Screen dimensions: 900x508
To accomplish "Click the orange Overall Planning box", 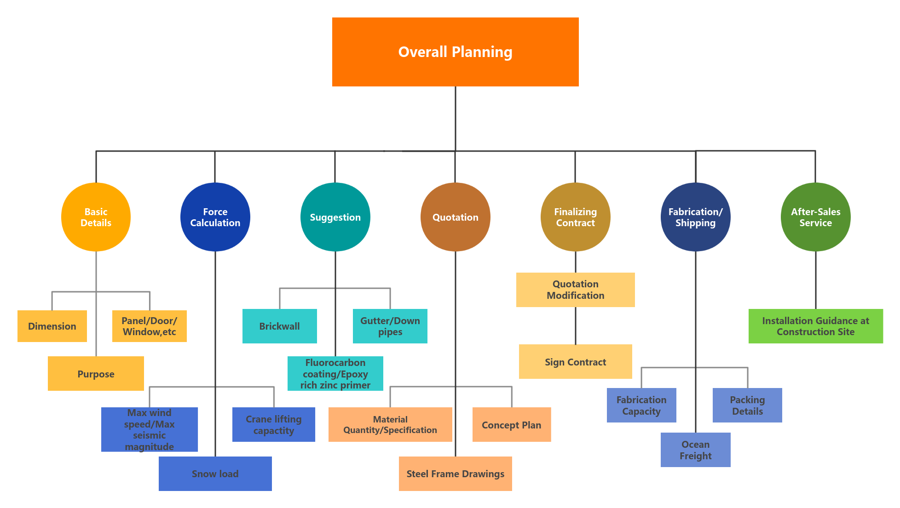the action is [455, 52].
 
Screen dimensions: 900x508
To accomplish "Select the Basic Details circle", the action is [96, 217].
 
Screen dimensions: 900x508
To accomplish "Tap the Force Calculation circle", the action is [215, 217].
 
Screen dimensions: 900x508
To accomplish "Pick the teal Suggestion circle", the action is [335, 217].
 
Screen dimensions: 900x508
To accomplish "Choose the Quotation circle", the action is [456, 217].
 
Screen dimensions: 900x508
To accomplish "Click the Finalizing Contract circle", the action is [576, 217].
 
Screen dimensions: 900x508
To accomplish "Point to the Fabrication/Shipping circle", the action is [696, 217].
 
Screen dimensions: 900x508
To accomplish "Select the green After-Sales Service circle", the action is [816, 217].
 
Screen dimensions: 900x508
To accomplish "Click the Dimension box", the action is [52, 326].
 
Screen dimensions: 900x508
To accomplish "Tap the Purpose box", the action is [96, 373].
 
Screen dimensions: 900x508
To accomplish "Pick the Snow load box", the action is [215, 474].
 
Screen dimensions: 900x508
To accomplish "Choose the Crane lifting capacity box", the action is [274, 424].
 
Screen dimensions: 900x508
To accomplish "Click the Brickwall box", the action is [280, 326].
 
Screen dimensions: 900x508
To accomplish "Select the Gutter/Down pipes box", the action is [390, 326].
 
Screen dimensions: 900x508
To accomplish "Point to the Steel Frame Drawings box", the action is [456, 474].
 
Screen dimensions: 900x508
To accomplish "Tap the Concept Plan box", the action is [512, 424].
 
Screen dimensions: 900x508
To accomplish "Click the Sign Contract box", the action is [576, 361].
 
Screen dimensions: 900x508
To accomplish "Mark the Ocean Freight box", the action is [696, 450].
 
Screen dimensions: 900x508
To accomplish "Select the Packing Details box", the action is [747, 405].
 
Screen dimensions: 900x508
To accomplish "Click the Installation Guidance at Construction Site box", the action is [816, 326].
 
